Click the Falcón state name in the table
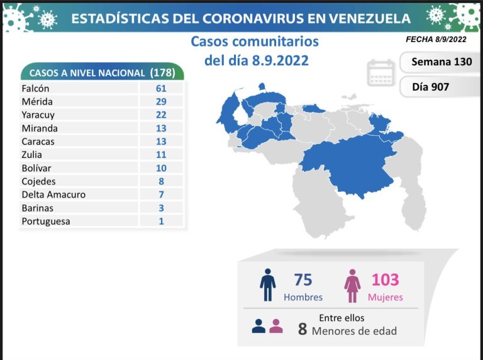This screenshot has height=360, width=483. [x=35, y=89]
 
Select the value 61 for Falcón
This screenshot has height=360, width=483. [x=162, y=89]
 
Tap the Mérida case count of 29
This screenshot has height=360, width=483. [x=162, y=102]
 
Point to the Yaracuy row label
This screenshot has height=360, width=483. [x=38, y=115]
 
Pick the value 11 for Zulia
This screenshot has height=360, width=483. [x=162, y=155]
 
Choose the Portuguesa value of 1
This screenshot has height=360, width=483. [x=162, y=221]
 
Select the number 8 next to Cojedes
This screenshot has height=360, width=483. [x=162, y=181]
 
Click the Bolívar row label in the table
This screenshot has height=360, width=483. [x=37, y=168]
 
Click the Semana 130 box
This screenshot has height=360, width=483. [x=441, y=62]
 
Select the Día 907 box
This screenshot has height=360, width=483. [x=431, y=87]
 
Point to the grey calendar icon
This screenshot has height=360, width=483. [x=380, y=73]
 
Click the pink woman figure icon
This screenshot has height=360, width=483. [x=352, y=286]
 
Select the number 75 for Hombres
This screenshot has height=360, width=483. [x=303, y=280]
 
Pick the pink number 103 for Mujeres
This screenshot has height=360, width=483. [x=386, y=280]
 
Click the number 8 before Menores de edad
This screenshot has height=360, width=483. [x=303, y=329]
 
